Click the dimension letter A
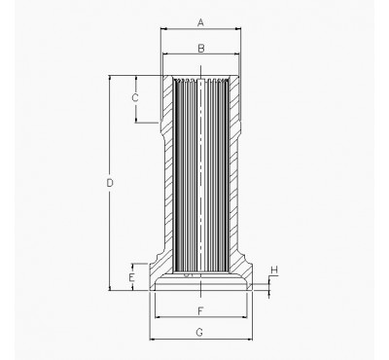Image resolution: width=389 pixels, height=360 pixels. tap(199, 20)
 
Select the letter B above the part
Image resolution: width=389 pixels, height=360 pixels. tap(199, 47)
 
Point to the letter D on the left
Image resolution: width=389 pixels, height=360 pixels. tap(110, 182)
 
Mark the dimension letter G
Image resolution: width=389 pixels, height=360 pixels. tap(199, 333)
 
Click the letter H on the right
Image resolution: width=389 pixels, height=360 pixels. tap(274, 270)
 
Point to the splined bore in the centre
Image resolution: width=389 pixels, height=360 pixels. tap(200, 175)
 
